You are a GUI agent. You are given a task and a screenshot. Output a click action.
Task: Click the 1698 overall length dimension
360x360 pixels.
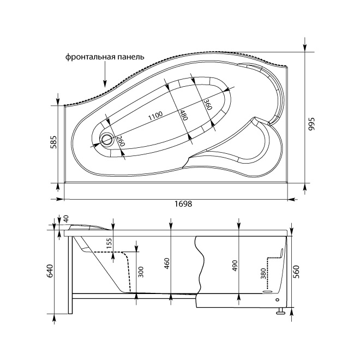[183, 204]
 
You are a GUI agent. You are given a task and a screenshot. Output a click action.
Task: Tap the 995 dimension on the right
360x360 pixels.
[311, 124]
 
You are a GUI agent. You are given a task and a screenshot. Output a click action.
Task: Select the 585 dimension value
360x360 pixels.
[53, 142]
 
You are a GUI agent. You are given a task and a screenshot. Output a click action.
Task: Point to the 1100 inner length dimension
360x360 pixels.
[155, 116]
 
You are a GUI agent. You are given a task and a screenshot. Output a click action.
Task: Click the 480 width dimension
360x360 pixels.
[184, 115]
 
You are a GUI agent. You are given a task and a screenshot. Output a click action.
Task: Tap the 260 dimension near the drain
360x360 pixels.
[121, 141]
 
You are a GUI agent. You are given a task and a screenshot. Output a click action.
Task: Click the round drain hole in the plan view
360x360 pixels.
[106, 139]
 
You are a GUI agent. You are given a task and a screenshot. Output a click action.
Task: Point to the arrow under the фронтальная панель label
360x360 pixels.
[105, 74]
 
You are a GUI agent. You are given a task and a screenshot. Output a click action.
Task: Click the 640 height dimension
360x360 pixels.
[50, 272]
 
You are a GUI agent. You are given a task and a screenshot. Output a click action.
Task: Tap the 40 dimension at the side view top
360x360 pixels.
[66, 219]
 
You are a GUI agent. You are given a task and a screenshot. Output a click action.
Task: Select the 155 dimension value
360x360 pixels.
[109, 244]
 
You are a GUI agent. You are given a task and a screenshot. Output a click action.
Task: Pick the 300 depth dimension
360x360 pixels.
[141, 272]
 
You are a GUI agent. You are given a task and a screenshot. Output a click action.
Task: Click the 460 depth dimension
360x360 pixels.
[167, 263]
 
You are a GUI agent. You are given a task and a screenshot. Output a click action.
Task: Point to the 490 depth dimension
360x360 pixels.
[235, 266]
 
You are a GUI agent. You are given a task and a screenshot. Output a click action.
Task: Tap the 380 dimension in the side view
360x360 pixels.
[263, 274]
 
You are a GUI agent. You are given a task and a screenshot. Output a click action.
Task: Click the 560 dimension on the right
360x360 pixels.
[296, 272]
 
